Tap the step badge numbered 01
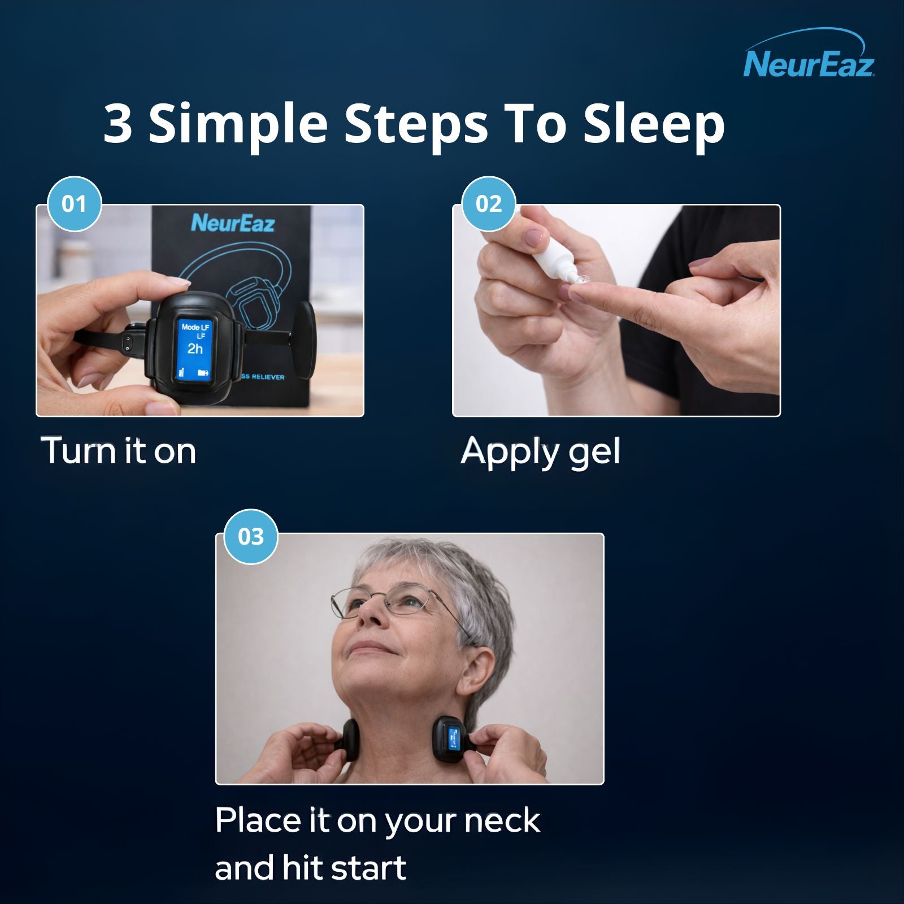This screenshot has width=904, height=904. pyautogui.click(x=74, y=204)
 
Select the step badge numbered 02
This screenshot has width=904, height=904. pyautogui.click(x=489, y=204)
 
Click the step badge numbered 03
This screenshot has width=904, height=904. pyautogui.click(x=251, y=537)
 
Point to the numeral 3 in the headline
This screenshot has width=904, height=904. pyautogui.click(x=118, y=124)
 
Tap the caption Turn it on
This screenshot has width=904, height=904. pyautogui.click(x=119, y=451)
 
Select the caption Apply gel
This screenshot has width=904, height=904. pyautogui.click(x=541, y=452)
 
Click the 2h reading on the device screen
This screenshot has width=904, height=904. pyautogui.click(x=195, y=349)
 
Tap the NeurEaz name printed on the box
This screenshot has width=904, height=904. pyautogui.click(x=233, y=223)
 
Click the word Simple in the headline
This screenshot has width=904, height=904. pyautogui.click(x=238, y=124)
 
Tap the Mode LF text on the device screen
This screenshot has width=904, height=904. pyautogui.click(x=195, y=327)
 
